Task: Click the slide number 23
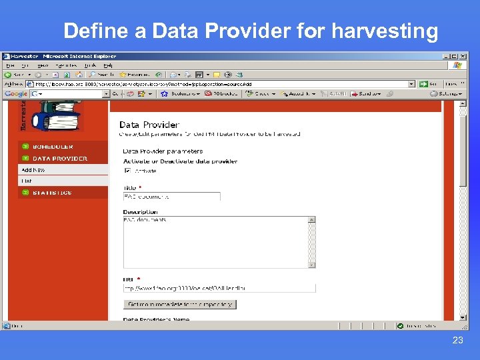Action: coord(457,340)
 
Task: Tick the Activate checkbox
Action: coord(127,171)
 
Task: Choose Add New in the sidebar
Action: coord(33,170)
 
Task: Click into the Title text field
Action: coord(171,197)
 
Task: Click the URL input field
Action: coord(219,288)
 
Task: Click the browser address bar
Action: coord(220,84)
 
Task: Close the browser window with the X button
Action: coord(463,56)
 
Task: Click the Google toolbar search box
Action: coord(71,94)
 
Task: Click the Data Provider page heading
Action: coord(149,125)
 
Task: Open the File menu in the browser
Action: coord(10,65)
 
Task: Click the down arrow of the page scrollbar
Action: coord(463,317)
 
